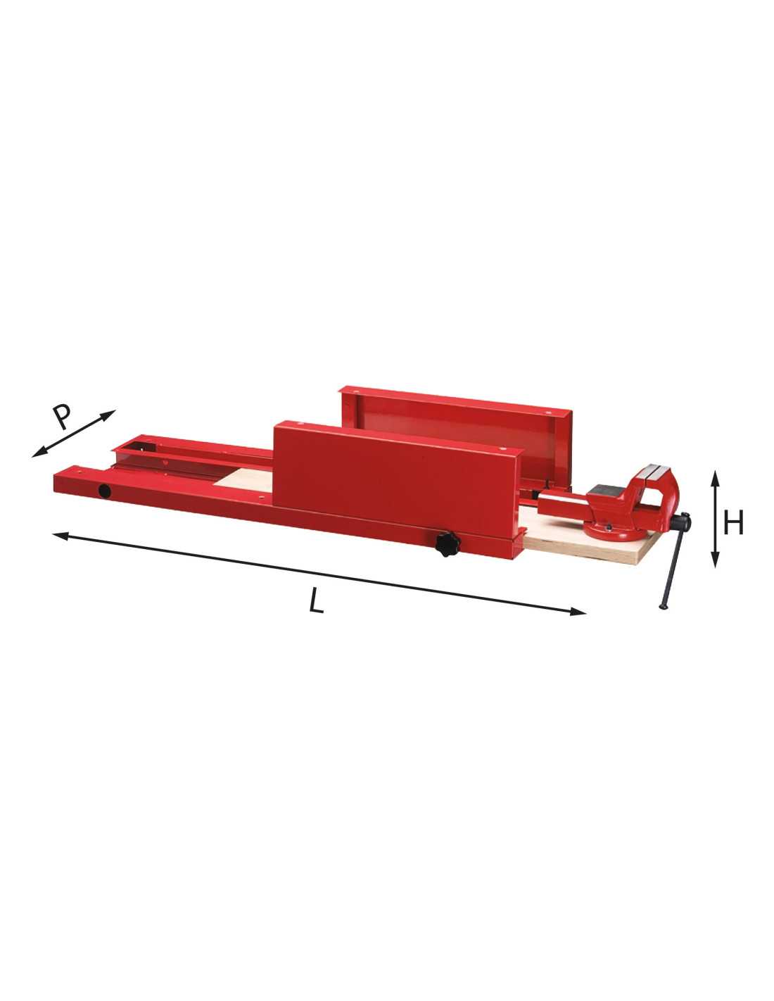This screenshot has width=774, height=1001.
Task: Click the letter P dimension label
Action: coord(62,417)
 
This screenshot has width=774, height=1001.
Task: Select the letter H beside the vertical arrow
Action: coord(733,524)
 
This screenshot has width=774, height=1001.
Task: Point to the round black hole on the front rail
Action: coord(105,491)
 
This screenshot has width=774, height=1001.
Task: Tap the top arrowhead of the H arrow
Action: coord(715,477)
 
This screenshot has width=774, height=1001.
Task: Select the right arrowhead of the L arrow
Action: coord(578,612)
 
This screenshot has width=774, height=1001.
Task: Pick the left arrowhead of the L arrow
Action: coord(61,535)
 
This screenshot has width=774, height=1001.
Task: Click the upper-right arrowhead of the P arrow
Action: coord(108,415)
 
